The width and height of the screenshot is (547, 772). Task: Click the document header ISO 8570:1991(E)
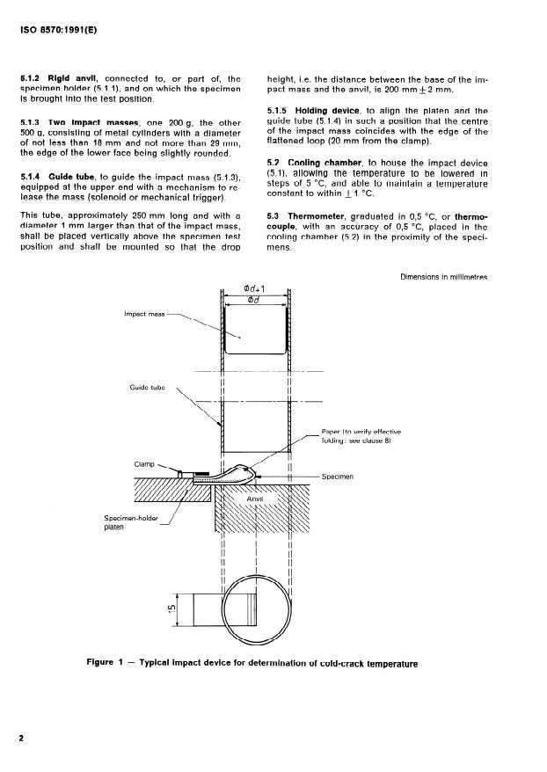59,30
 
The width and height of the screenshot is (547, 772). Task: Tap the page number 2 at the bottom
21,738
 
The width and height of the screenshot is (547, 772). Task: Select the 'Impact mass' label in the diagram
144,314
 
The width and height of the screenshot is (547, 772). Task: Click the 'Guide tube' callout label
147,388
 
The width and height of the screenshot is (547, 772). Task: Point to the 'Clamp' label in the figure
144,464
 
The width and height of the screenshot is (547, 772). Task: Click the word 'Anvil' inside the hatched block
255,499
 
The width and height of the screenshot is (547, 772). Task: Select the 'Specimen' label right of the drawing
338,477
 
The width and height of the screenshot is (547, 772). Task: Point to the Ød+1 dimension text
254,289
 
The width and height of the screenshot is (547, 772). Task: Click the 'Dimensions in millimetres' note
443,277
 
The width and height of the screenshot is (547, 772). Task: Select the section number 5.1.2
30,79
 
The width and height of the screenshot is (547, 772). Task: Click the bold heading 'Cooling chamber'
325,163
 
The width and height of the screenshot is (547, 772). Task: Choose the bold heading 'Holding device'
327,112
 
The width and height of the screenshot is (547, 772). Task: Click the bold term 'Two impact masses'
93,123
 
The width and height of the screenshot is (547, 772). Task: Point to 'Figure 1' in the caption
105,662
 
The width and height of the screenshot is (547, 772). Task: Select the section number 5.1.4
30,178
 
